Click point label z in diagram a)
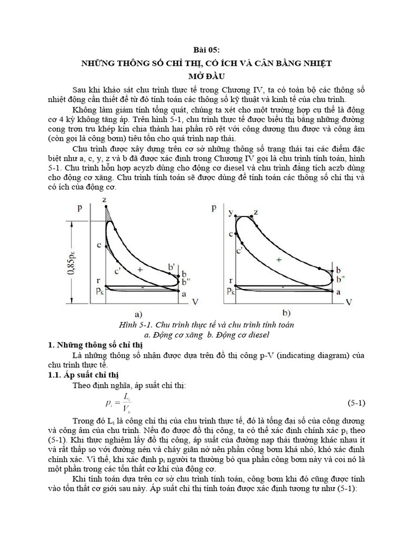105,199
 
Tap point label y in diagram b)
230,212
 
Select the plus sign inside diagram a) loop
140,269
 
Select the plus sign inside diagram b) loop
279,260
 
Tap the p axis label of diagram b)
214,208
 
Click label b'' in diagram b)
340,278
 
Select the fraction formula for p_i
120,403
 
